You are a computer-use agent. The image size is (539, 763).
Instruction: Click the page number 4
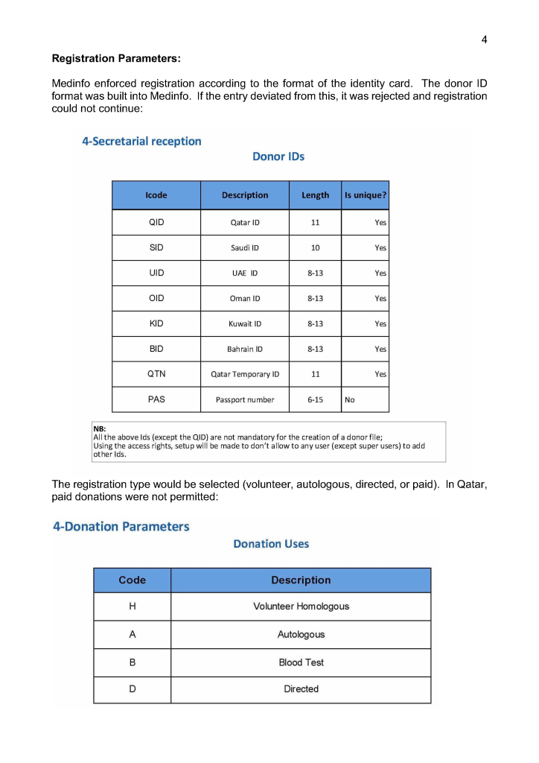484,39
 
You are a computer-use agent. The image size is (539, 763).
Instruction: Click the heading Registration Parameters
116,58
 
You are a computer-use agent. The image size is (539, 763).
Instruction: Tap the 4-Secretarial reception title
141,141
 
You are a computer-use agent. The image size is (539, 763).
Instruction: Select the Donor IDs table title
278,156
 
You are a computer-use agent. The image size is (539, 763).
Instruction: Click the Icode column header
156,195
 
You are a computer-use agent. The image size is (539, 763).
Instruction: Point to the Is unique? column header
366,195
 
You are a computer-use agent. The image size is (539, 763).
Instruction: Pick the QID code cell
156,222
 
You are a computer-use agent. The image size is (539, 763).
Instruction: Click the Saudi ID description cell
245,248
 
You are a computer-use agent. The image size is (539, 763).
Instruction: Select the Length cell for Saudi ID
315,248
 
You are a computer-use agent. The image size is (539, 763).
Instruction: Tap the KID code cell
156,323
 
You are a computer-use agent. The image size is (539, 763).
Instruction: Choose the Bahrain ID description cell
245,349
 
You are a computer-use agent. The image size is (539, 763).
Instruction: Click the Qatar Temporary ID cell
245,374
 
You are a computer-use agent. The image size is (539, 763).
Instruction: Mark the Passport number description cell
245,399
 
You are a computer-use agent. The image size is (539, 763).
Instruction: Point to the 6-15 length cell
315,399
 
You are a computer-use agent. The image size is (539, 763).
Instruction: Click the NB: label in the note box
100,429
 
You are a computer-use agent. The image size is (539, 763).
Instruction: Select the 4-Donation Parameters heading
121,527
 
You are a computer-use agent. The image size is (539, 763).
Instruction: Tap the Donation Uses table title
271,544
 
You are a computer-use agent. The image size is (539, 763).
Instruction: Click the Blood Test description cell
301,662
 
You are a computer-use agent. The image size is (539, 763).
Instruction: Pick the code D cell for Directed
133,689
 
